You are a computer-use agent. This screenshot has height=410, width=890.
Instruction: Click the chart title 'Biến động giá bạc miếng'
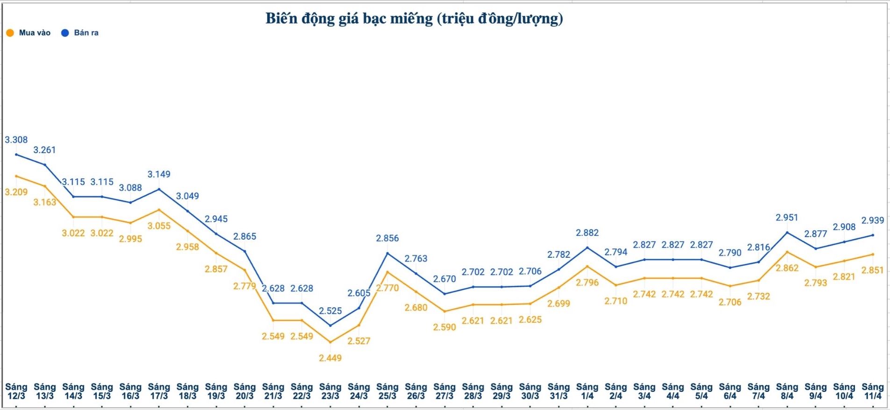[414, 19]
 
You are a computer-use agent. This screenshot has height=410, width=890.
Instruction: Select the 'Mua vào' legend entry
[28, 33]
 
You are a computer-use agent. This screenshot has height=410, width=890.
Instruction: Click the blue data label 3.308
[16, 140]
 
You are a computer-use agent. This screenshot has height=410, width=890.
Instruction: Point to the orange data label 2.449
[330, 358]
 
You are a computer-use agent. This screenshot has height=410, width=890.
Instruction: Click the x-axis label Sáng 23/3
[330, 391]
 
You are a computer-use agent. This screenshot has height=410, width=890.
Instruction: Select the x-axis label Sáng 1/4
[587, 391]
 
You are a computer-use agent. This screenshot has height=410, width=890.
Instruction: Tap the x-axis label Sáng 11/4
[872, 391]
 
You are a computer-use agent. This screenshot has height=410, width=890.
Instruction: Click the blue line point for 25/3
[387, 253]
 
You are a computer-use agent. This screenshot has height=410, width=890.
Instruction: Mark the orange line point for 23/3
[330, 342]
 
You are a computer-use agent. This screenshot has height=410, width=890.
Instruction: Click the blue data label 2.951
[787, 218]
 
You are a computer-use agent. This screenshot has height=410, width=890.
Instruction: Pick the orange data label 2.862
[787, 268]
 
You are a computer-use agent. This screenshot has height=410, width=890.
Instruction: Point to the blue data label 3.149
[159, 174]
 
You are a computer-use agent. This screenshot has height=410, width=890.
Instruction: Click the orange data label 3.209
[16, 192]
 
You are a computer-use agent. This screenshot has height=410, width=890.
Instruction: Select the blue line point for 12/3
[16, 155]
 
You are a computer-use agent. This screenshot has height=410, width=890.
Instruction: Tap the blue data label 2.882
[587, 233]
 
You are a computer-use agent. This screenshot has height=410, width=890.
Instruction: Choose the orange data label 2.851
[872, 270]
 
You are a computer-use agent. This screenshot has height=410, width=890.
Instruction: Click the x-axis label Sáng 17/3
[159, 391]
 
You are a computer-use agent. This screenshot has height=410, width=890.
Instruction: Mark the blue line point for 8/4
[787, 233]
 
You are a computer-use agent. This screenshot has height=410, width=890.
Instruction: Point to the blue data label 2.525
[330, 311]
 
